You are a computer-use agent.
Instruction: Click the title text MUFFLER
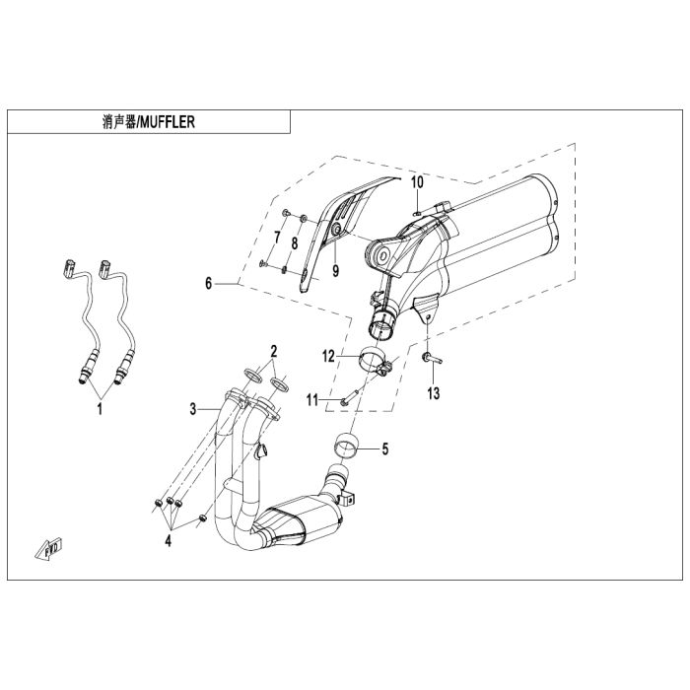point(167,122)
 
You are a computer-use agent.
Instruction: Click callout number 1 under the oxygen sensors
point(100,409)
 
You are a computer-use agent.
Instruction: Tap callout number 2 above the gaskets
point(274,352)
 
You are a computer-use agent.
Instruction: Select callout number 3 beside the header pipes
point(193,409)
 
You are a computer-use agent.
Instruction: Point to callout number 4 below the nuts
point(169,540)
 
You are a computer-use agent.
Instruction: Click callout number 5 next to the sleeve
point(385,449)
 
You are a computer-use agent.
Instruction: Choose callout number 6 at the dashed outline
point(209,284)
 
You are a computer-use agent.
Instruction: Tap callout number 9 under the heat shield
point(336,271)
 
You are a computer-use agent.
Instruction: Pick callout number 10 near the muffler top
point(418,181)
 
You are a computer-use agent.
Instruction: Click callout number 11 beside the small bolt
point(312,400)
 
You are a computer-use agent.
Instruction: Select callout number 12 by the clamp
point(328,356)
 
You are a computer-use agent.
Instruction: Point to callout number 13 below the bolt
point(434,393)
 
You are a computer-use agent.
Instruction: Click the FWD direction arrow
point(49,549)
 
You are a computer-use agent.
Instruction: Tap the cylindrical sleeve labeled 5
point(345,447)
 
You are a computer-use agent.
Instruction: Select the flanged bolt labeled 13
point(432,358)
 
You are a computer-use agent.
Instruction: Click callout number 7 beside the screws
point(277,238)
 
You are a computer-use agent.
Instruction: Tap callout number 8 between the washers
point(295,242)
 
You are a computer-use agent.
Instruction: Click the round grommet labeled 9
point(337,229)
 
